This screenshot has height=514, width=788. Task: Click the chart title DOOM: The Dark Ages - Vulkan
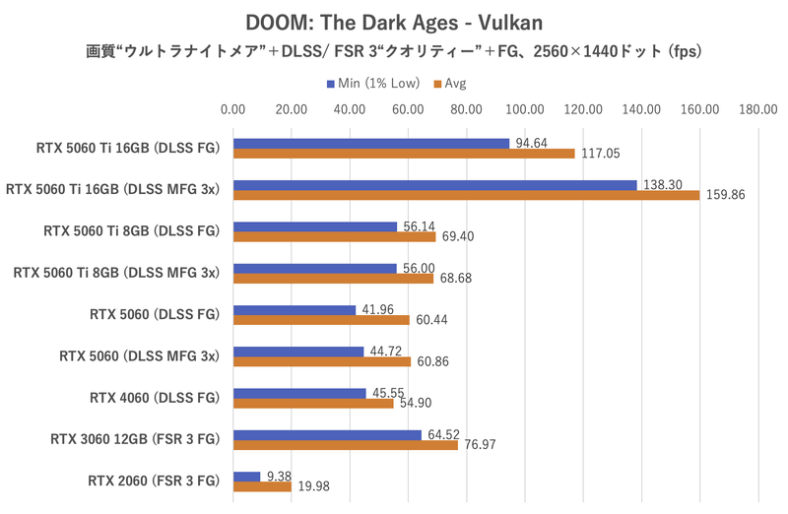tap(393, 20)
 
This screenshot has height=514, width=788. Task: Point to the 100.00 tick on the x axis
tap(525, 110)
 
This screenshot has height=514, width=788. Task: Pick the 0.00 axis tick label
tap(234, 110)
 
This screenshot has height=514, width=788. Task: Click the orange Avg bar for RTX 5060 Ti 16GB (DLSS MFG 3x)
tap(466, 195)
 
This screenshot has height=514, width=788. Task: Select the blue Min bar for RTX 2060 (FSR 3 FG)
tap(247, 477)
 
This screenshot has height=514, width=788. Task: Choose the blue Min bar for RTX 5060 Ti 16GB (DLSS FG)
tap(371, 144)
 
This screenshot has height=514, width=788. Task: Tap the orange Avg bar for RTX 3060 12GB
tap(346, 444)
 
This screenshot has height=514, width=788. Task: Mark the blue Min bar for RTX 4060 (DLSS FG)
tap(299, 394)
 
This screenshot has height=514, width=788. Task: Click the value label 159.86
tap(724, 195)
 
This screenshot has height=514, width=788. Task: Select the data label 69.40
tap(456, 237)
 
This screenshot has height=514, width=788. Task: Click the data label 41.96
tap(378, 309)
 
